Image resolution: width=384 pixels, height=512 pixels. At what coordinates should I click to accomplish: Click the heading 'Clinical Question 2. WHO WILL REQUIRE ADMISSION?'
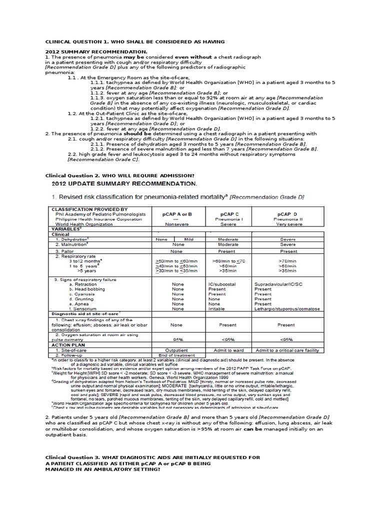pos(119,175)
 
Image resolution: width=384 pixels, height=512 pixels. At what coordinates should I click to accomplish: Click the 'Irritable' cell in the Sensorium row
pos(217,309)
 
